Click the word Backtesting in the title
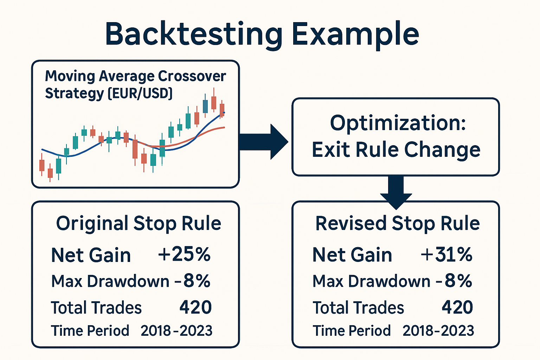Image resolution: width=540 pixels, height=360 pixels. coord(194,34)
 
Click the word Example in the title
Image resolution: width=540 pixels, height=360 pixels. coord(355,34)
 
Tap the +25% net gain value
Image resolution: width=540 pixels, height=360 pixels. coord(184,254)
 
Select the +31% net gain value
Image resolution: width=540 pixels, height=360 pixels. coord(446,254)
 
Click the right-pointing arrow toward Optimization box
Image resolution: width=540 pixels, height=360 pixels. coord(263,142)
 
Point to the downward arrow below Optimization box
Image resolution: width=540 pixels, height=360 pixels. coord(396,192)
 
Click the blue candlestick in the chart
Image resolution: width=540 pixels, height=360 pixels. coord(205,106)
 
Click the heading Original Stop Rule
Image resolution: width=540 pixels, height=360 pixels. coord(139,224)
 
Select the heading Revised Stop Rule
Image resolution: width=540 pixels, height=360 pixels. coord(397,224)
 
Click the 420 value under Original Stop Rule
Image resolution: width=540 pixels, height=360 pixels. coord(195,307)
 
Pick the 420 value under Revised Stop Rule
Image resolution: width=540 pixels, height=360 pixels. coord(457,307)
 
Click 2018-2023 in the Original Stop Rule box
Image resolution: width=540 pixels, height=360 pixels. coord(176,331)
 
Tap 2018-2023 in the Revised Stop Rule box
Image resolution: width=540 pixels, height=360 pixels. coord(438,331)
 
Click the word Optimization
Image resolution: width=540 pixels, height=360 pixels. coord(398,123)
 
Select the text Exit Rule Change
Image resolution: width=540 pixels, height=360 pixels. coord(396,150)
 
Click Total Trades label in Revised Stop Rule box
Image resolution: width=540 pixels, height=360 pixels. coord(358,308)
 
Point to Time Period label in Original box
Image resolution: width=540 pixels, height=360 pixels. coord(90,331)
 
